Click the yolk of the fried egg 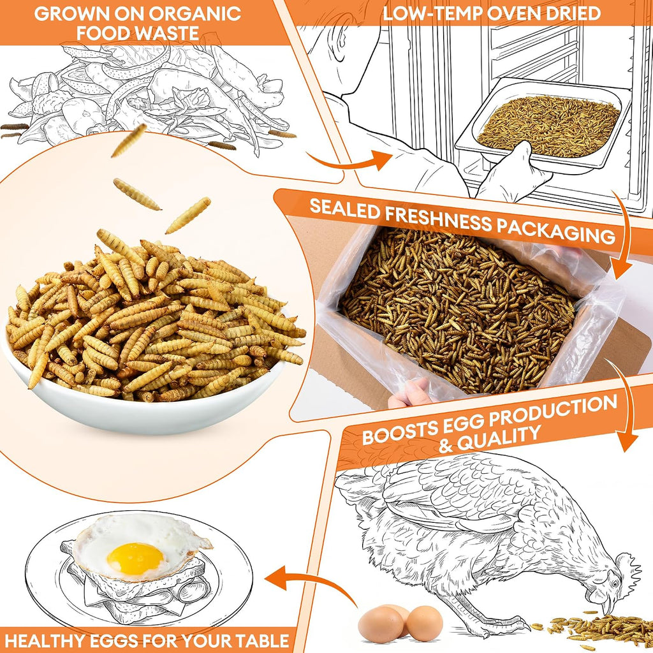[x=135, y=559]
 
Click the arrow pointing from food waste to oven [x=350, y=161]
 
